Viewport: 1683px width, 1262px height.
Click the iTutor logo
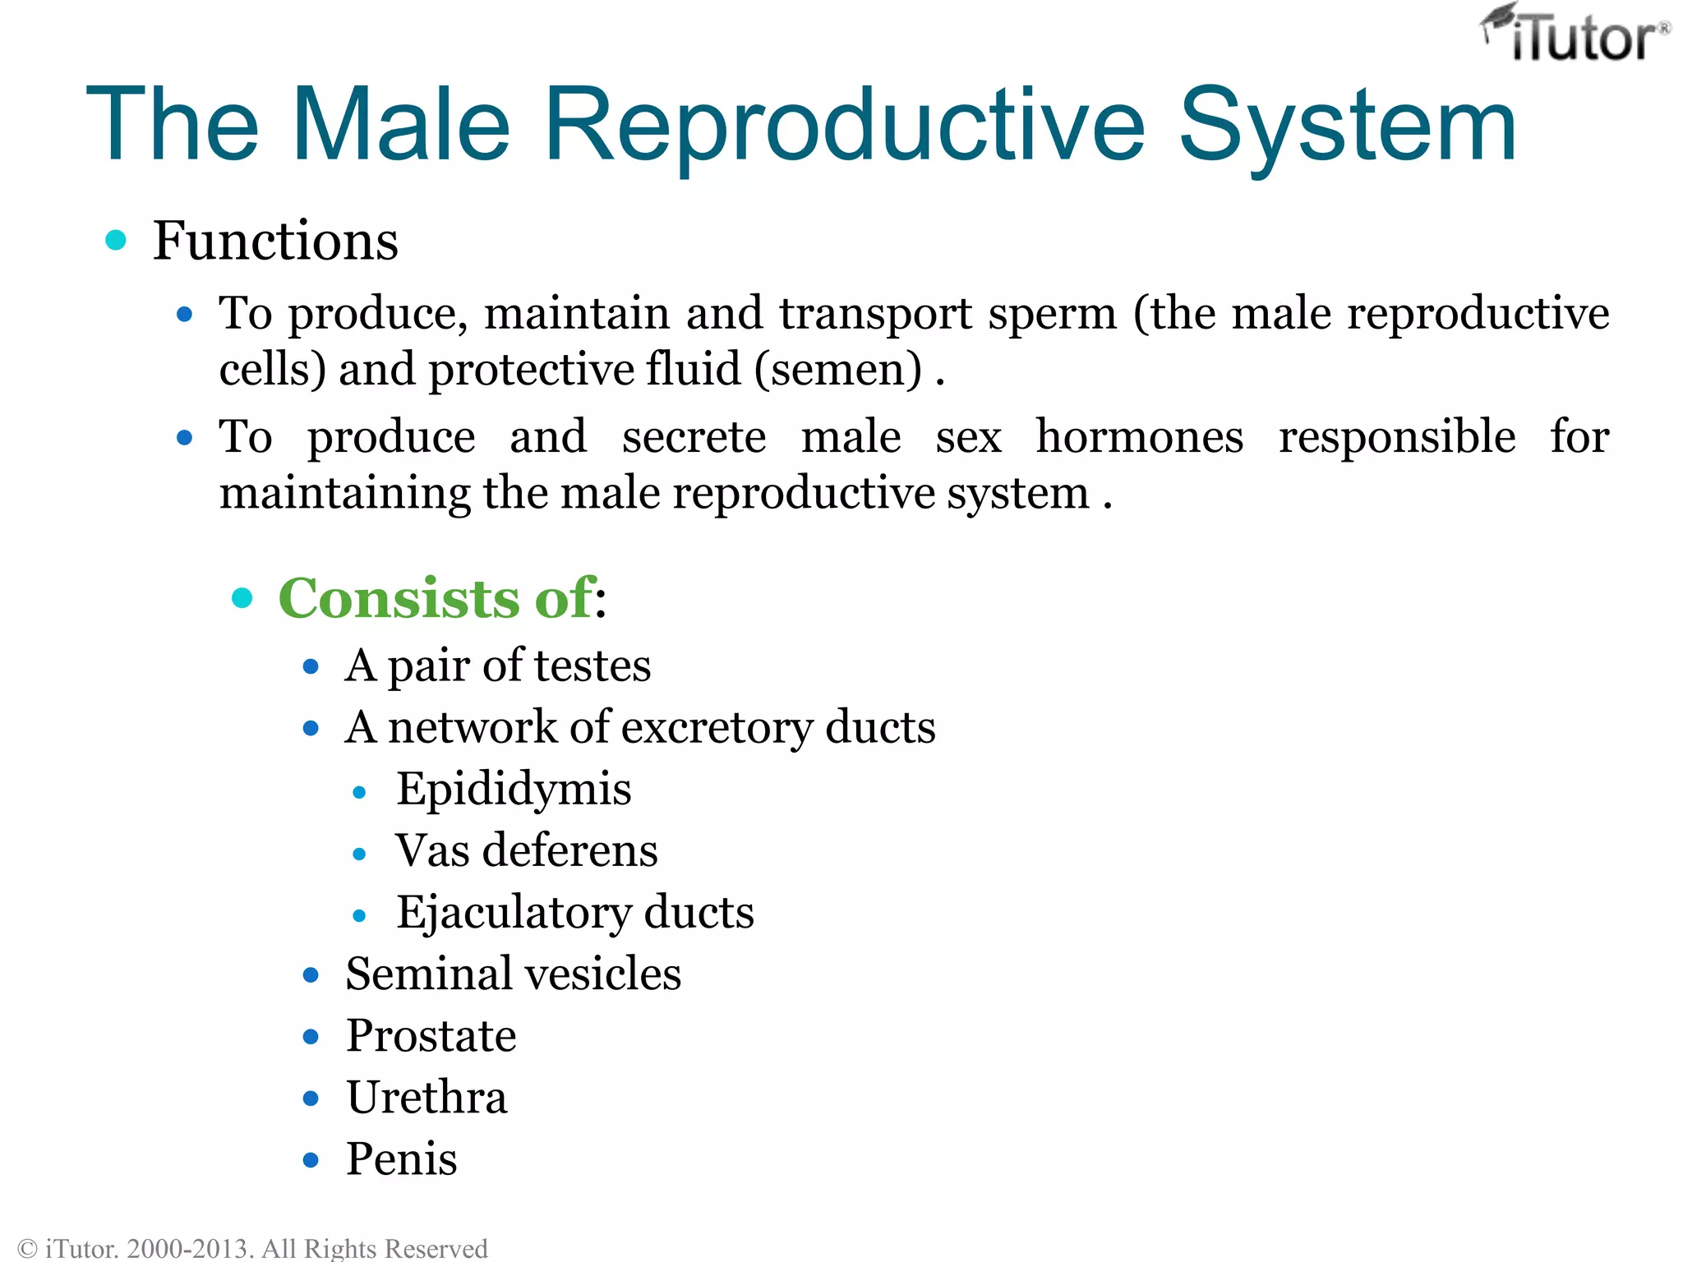pyautogui.click(x=1575, y=35)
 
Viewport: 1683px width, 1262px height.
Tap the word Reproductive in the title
pyautogui.click(x=843, y=125)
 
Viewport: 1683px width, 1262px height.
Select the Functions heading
pyautogui.click(x=275, y=242)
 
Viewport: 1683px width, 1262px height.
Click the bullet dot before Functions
pyautogui.click(x=116, y=241)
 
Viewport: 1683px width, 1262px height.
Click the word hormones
pyautogui.click(x=1139, y=437)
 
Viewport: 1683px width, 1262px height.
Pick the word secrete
pyautogui.click(x=694, y=437)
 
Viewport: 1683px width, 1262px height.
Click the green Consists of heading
pyautogui.click(x=436, y=598)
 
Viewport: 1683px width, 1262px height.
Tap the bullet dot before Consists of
pyautogui.click(x=242, y=597)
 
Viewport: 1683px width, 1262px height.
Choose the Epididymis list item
pyautogui.click(x=514, y=790)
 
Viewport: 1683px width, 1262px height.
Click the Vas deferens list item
pyautogui.click(x=526, y=851)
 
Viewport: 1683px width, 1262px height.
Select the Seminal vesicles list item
pyautogui.click(x=513, y=974)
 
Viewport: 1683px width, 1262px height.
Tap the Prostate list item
pyautogui.click(x=431, y=1036)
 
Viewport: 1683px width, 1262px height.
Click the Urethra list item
pyautogui.click(x=427, y=1098)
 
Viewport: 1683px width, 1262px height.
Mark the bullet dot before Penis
pyautogui.click(x=311, y=1160)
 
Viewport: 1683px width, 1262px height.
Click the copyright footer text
pyautogui.click(x=252, y=1248)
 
